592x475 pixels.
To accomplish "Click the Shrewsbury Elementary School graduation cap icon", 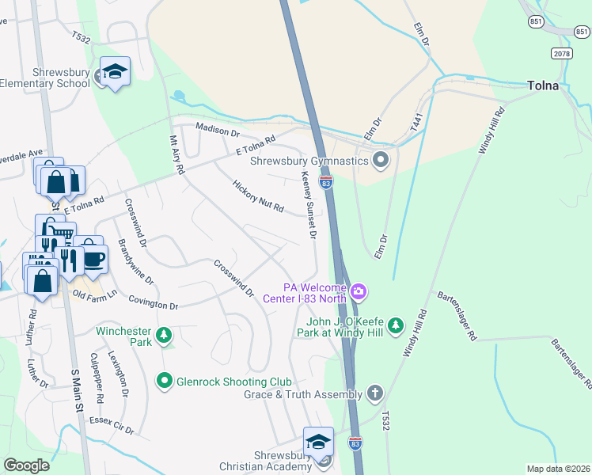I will [x=115, y=72].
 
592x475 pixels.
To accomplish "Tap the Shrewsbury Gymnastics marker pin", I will [x=381, y=161].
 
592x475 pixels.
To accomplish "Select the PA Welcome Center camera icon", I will [x=359, y=292].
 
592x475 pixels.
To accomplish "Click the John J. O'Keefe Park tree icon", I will [x=397, y=325].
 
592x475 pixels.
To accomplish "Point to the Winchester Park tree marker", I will [x=164, y=336].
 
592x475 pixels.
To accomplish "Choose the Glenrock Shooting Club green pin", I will [x=165, y=382].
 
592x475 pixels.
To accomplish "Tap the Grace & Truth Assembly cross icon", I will [x=374, y=393].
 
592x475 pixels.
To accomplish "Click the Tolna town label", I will [x=544, y=85].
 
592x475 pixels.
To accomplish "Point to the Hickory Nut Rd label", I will [x=258, y=196].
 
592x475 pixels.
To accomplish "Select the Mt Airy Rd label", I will [x=177, y=154].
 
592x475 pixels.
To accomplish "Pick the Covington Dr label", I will [x=153, y=303].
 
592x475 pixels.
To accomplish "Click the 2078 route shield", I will [x=561, y=52].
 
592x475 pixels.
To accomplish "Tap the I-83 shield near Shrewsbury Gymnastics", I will [x=326, y=182].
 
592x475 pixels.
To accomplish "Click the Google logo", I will [x=27, y=465].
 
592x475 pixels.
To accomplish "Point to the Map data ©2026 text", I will [x=558, y=469].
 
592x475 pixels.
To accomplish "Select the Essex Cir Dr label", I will [x=112, y=426].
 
